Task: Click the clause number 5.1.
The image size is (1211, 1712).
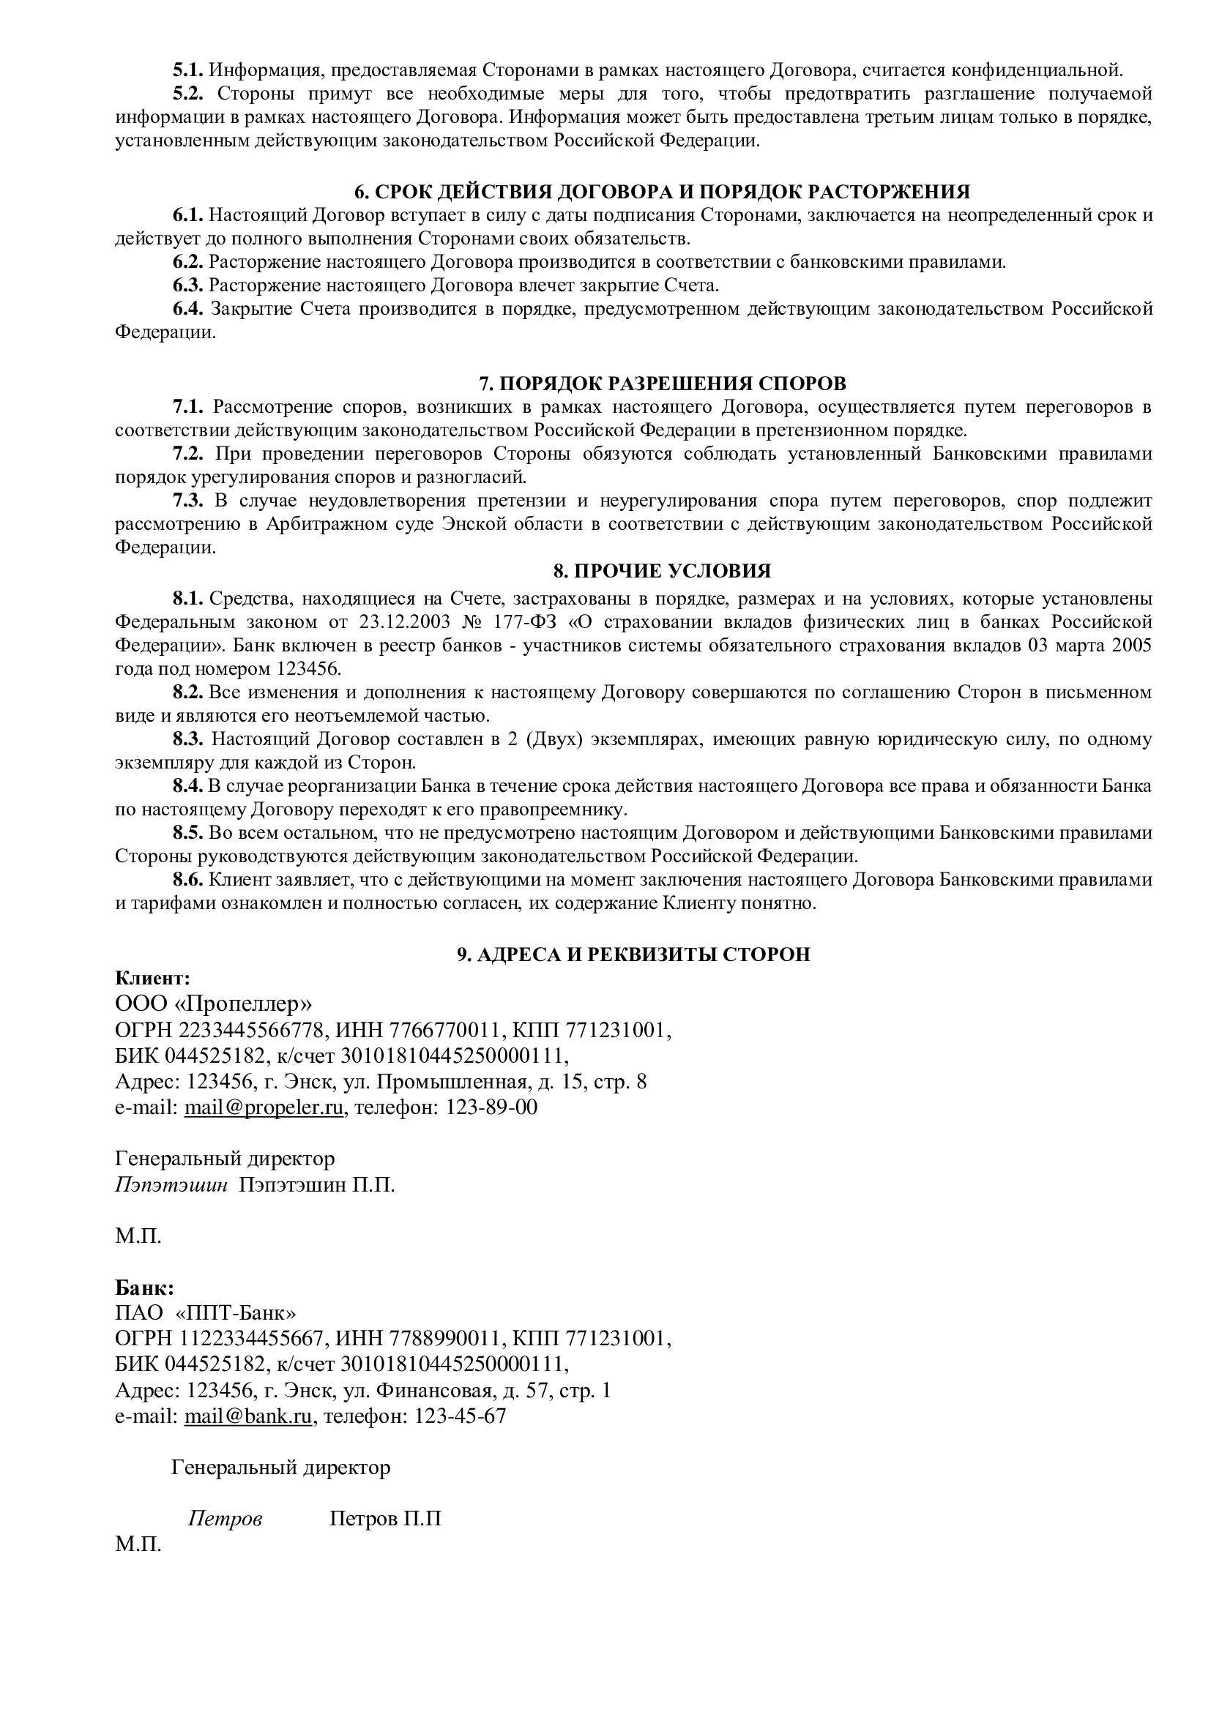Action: [188, 71]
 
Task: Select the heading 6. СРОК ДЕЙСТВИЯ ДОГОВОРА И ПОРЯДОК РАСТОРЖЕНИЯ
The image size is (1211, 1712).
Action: [661, 192]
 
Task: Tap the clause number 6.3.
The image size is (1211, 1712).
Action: [188, 285]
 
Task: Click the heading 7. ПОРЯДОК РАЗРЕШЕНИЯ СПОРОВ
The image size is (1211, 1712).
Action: [661, 384]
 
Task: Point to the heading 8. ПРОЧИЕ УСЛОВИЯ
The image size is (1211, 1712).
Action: [661, 571]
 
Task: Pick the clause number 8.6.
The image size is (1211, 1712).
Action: [188, 880]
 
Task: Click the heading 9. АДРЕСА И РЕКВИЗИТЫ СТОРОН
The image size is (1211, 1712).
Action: [633, 955]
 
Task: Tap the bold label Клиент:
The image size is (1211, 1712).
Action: [153, 978]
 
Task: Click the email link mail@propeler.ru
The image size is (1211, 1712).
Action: [264, 1107]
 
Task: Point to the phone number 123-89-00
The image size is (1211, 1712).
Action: [491, 1107]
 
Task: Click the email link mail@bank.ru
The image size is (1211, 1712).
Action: [248, 1416]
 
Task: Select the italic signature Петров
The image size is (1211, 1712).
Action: [226, 1519]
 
